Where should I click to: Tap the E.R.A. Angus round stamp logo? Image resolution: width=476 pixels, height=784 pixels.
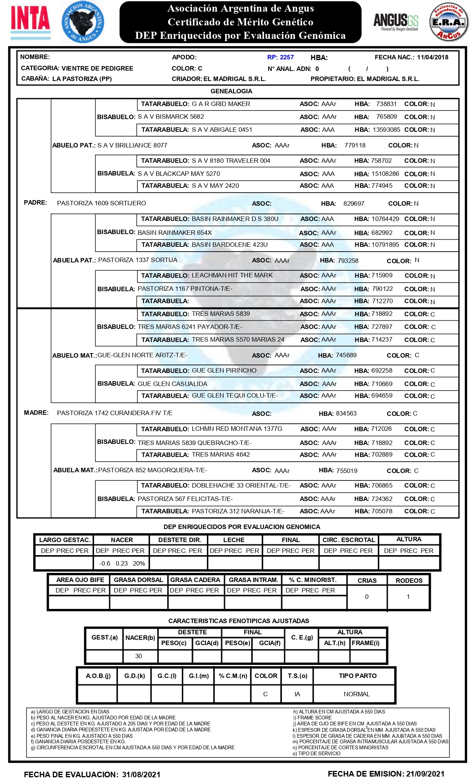[x=448, y=22]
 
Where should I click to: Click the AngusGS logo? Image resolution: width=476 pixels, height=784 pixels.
[x=396, y=22]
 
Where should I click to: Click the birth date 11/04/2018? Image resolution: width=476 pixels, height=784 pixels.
[x=432, y=57]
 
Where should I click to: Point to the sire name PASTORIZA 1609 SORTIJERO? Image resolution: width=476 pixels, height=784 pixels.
[x=101, y=203]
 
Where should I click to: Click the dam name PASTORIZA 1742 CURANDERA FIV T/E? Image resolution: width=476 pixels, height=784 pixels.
[x=115, y=413]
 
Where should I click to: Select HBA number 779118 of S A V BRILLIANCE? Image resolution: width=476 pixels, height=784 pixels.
[x=355, y=145]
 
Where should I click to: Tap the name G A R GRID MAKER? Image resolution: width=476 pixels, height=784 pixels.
[x=221, y=104]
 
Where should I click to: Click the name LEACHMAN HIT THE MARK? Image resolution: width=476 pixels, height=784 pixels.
[x=232, y=275]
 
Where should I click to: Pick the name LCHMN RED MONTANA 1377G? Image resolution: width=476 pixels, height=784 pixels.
[x=237, y=429]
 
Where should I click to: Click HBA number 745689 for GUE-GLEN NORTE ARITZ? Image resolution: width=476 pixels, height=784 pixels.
[x=346, y=355]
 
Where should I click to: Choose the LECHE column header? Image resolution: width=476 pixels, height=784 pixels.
[x=234, y=540]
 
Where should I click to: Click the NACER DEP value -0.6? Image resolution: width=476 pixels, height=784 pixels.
[x=105, y=563]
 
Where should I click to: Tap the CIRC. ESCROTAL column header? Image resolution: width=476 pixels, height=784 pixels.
[x=348, y=540]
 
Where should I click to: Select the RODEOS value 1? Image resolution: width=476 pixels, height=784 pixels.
[x=408, y=597]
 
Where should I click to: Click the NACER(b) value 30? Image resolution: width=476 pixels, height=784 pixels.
[x=139, y=656]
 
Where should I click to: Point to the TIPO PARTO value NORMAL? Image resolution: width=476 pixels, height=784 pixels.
[x=357, y=694]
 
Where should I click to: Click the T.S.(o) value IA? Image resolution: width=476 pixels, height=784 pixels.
[x=297, y=694]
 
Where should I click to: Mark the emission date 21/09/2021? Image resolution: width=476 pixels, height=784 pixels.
[x=425, y=774]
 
